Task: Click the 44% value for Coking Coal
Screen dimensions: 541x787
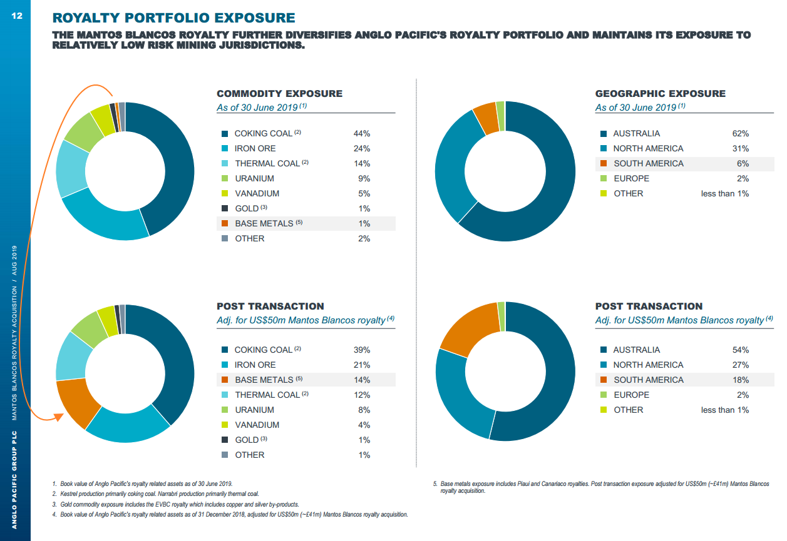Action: pos(362,133)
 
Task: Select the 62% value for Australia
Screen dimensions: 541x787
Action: pos(741,133)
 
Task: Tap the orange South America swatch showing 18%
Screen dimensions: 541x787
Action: pos(604,380)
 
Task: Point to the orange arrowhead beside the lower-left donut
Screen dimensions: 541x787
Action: pos(59,417)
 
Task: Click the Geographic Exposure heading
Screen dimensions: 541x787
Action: pos(660,94)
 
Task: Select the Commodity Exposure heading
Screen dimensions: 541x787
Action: pos(279,94)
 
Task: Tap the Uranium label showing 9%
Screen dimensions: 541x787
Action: pos(254,178)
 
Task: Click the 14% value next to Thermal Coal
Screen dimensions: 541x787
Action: pos(362,163)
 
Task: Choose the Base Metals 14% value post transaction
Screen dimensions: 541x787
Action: pos(362,380)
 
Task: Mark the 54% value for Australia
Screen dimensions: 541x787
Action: pos(741,350)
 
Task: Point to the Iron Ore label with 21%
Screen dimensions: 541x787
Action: pos(255,365)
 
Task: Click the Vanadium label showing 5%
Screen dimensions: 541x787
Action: pos(257,193)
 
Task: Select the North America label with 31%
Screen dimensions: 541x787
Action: pos(648,148)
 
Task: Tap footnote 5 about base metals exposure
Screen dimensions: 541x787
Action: pos(601,487)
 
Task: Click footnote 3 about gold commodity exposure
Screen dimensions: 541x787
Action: pos(175,504)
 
